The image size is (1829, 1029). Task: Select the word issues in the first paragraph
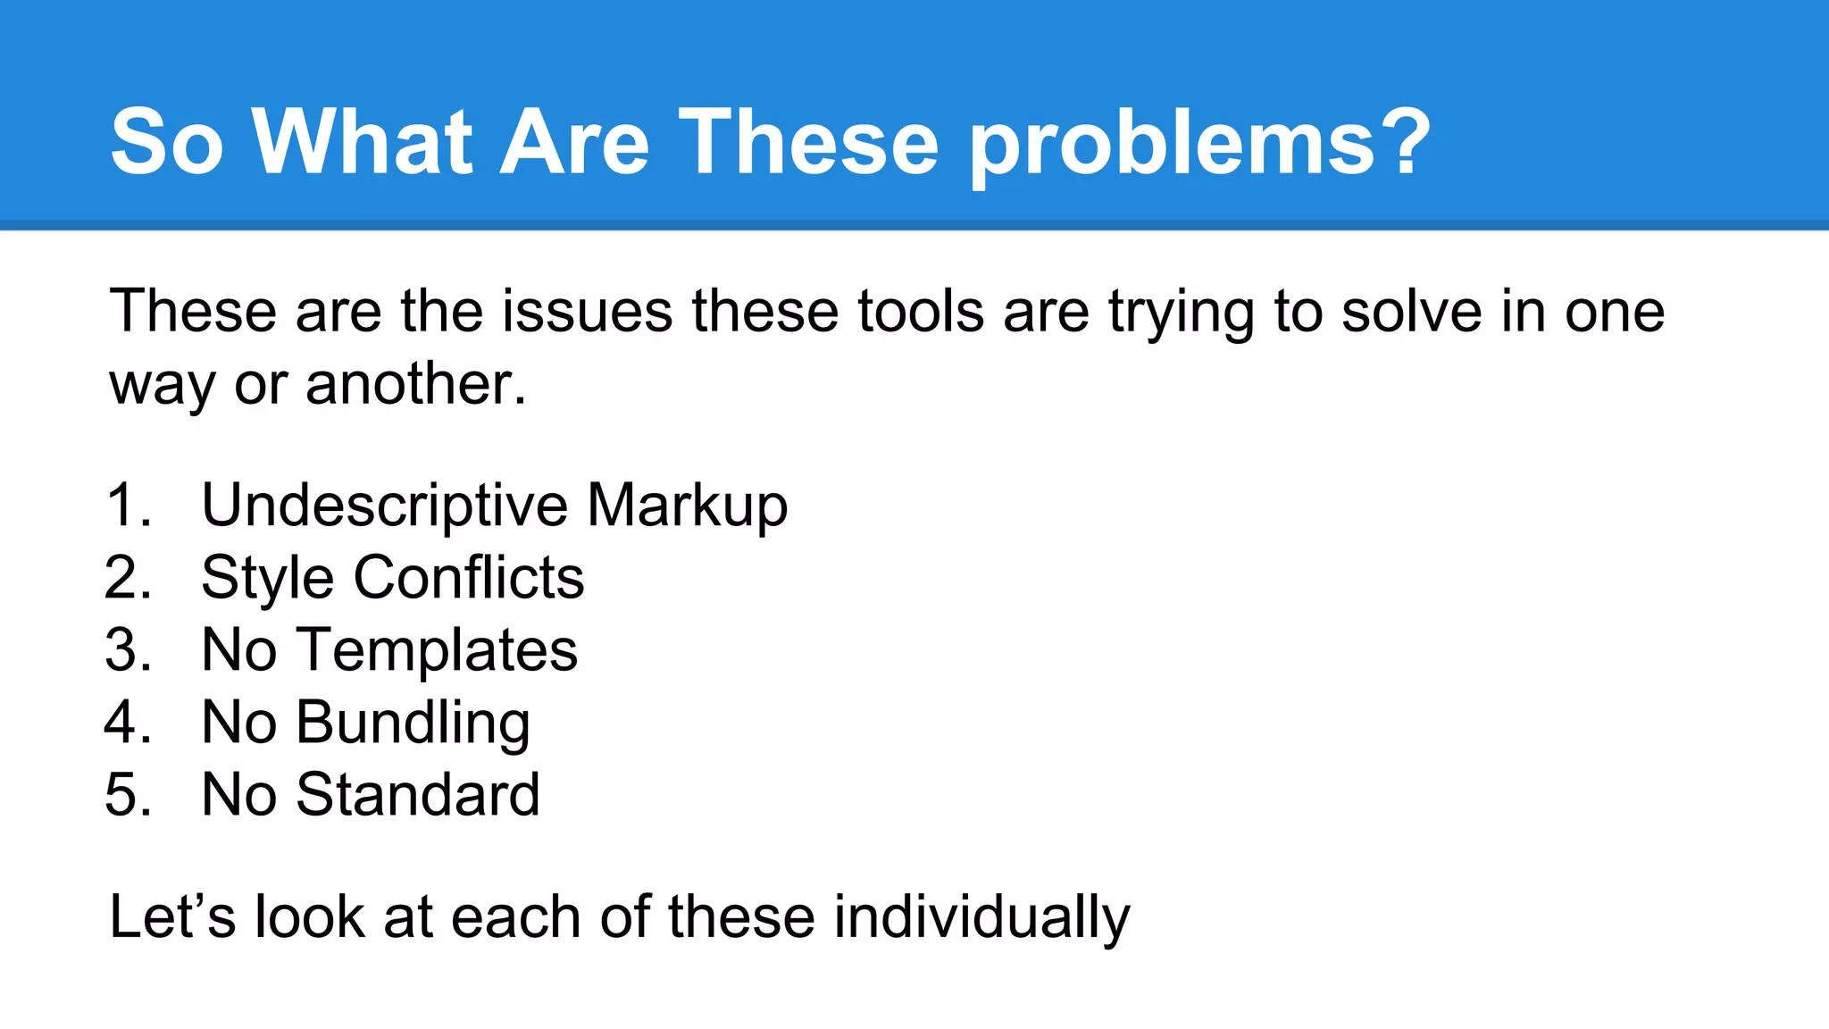587,312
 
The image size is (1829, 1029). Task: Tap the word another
415,385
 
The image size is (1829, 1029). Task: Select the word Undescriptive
384,506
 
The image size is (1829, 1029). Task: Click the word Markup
687,506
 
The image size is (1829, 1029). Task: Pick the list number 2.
128,578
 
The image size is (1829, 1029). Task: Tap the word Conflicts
469,578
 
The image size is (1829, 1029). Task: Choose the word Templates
437,650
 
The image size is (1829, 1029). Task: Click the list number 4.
128,723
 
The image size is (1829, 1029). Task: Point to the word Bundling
413,723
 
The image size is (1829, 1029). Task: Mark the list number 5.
128,795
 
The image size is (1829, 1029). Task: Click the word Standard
417,795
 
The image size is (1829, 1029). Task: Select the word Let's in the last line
171,917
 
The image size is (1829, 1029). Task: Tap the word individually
981,917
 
